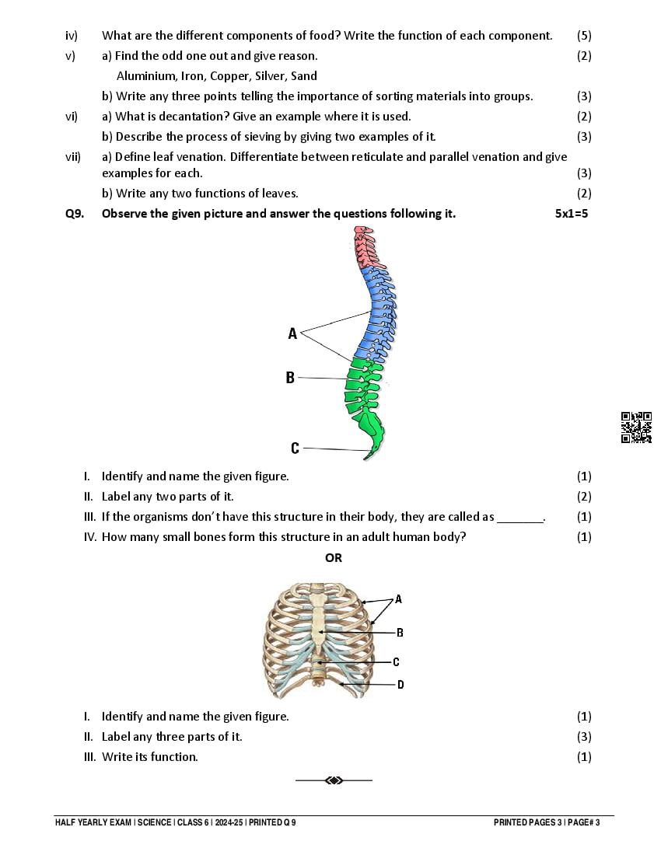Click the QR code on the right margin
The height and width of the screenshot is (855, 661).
point(636,427)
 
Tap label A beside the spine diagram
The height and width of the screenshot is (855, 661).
point(292,333)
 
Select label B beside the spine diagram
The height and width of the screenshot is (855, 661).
point(290,378)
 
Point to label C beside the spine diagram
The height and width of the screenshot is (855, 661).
point(295,448)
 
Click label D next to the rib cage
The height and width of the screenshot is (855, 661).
point(400,685)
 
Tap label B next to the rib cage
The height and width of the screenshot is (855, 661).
point(400,633)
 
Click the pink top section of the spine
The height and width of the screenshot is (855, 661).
point(363,248)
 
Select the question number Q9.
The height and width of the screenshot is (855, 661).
point(74,214)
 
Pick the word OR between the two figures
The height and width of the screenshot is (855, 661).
point(334,557)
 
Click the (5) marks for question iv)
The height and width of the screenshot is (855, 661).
point(584,36)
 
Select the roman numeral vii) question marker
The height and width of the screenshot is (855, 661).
point(73,157)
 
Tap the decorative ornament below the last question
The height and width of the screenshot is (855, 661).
point(334,780)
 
